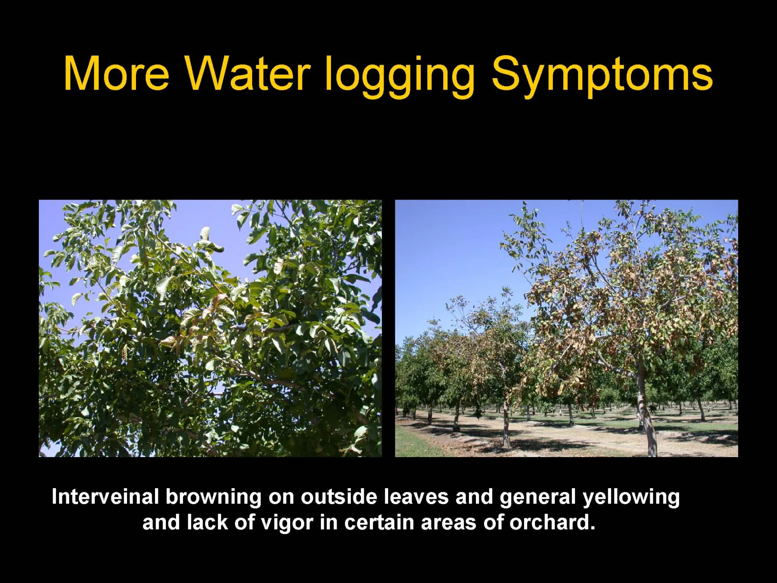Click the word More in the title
pyautogui.click(x=117, y=74)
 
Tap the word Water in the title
pyautogui.click(x=248, y=74)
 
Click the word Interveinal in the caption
pyautogui.click(x=105, y=497)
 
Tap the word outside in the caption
pyautogui.click(x=339, y=497)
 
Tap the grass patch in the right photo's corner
pyautogui.click(x=413, y=443)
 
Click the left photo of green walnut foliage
pyautogui.click(x=210, y=328)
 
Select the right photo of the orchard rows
pyautogui.click(x=567, y=328)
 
